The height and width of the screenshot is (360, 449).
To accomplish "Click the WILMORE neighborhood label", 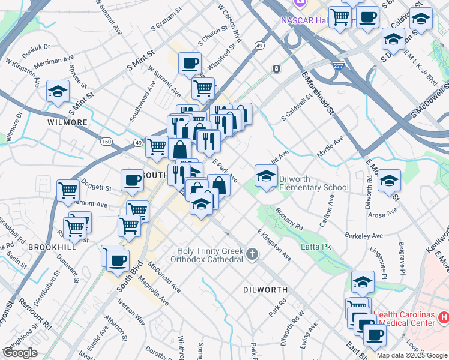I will [x=67, y=122].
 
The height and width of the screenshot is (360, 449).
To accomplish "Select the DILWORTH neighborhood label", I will [x=265, y=290].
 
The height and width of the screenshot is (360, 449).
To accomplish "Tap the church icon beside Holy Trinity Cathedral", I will [x=252, y=254].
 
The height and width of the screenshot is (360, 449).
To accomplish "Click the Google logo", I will [x=20, y=353].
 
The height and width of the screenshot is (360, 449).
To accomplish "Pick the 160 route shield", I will [x=107, y=142].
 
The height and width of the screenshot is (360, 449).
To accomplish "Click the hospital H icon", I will [x=444, y=316].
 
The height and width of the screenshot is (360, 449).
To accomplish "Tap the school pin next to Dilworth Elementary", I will [x=265, y=176].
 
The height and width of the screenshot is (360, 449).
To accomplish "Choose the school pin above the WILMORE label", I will [x=58, y=92].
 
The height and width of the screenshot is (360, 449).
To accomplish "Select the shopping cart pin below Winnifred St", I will [x=203, y=88].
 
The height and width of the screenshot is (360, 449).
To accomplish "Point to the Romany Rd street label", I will [x=289, y=218].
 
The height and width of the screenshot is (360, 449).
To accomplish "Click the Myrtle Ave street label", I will [x=330, y=147].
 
